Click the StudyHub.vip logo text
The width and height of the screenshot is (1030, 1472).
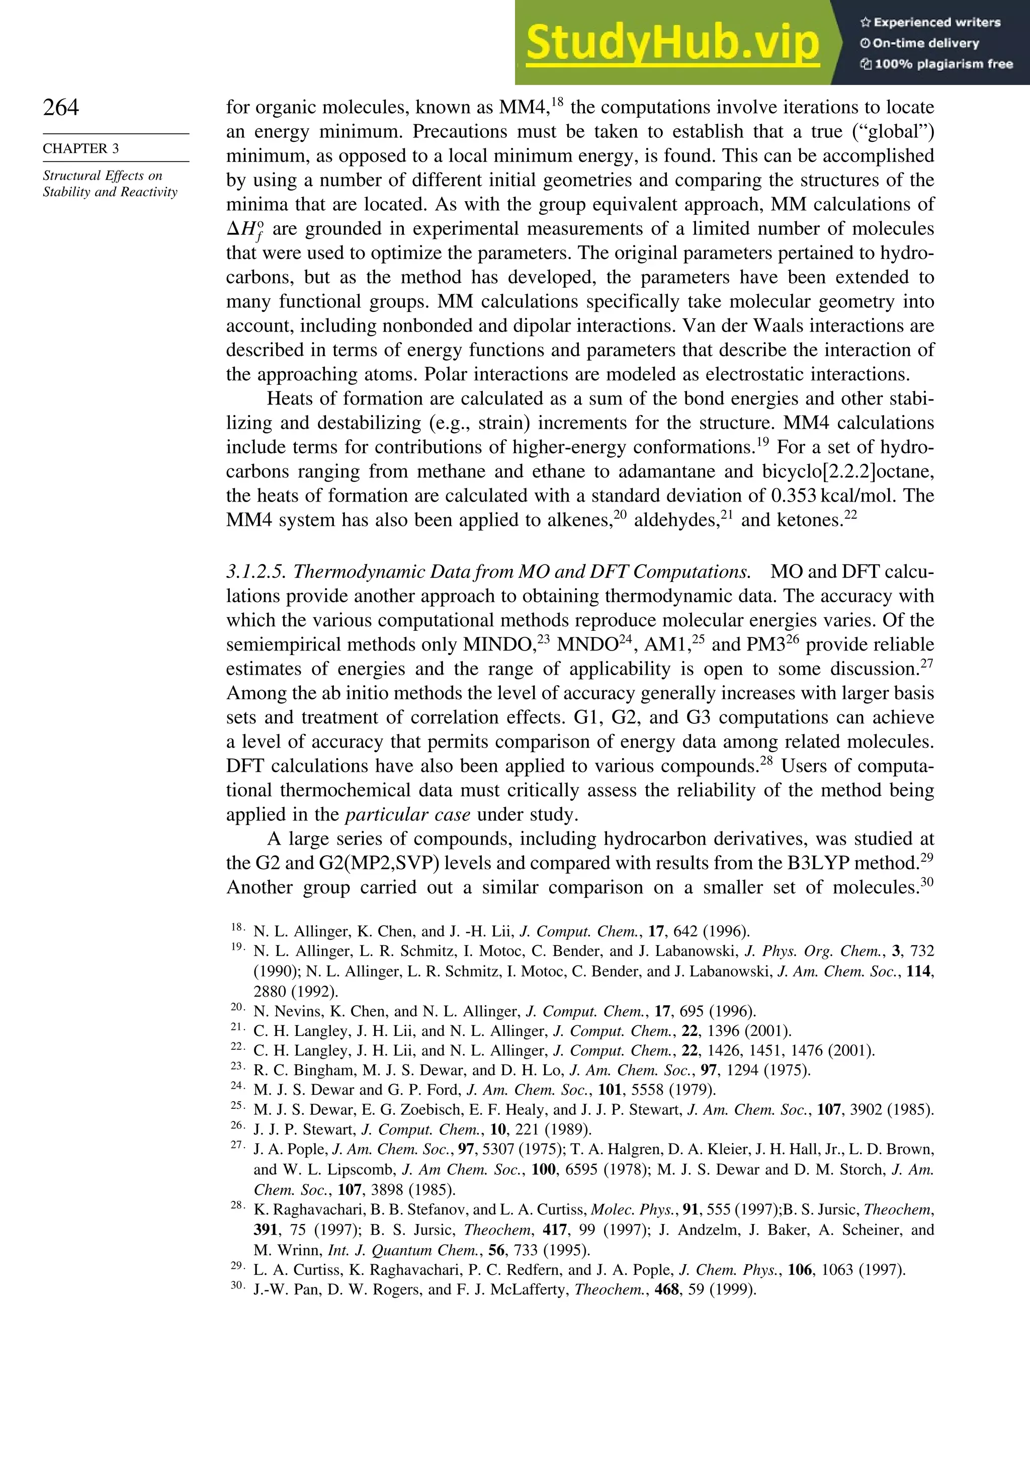click(672, 44)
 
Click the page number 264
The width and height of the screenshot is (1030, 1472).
click(61, 107)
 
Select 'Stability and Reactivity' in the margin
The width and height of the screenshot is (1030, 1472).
click(110, 192)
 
